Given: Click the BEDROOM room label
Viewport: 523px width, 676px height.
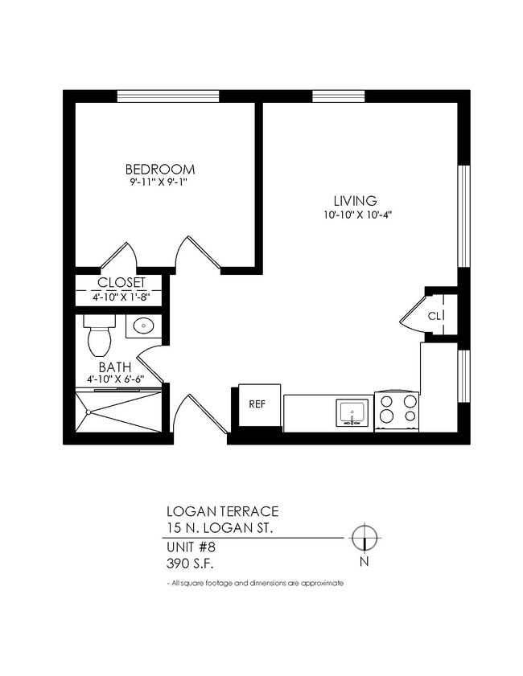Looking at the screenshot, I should pyautogui.click(x=160, y=170).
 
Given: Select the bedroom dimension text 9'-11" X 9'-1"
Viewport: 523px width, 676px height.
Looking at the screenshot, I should pyautogui.click(x=160, y=183).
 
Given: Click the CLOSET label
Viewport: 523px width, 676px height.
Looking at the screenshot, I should pyautogui.click(x=121, y=283).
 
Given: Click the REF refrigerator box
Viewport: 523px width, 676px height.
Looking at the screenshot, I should pyautogui.click(x=257, y=404).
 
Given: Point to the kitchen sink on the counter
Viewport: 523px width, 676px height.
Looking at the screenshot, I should pyautogui.click(x=352, y=413).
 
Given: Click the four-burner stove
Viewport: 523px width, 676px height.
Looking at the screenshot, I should pyautogui.click(x=397, y=409).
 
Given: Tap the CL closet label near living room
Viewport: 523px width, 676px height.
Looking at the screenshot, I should pyautogui.click(x=435, y=315).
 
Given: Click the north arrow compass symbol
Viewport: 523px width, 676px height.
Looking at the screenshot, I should pyautogui.click(x=364, y=536).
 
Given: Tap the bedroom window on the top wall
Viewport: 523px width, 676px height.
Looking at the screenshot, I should pyautogui.click(x=167, y=96).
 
